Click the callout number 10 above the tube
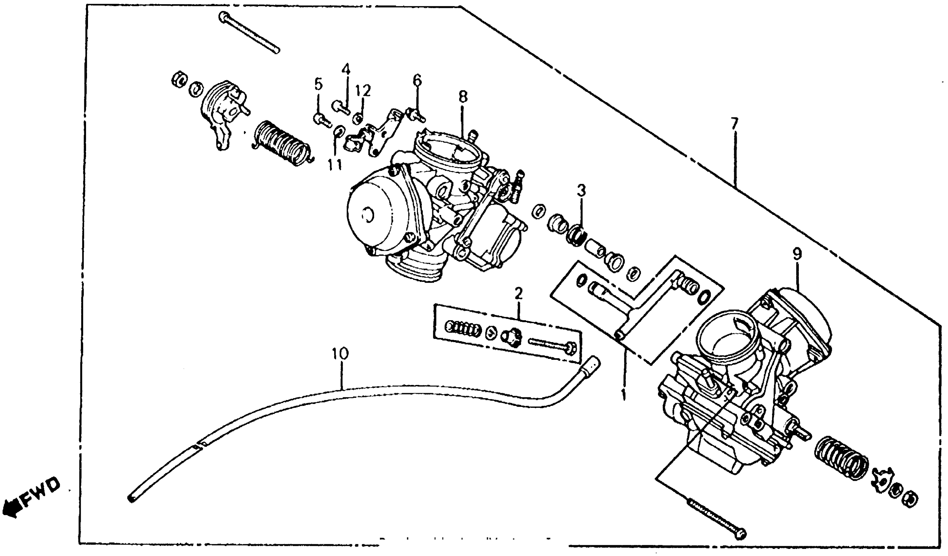point(340,354)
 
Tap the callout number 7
point(734,123)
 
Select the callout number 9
point(797,255)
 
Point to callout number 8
point(463,97)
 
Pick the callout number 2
point(518,293)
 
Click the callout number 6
point(417,80)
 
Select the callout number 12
point(363,90)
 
